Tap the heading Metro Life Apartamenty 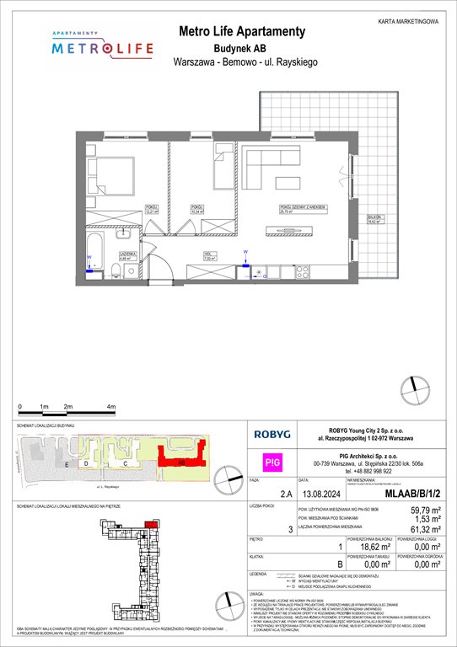click(240, 31)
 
